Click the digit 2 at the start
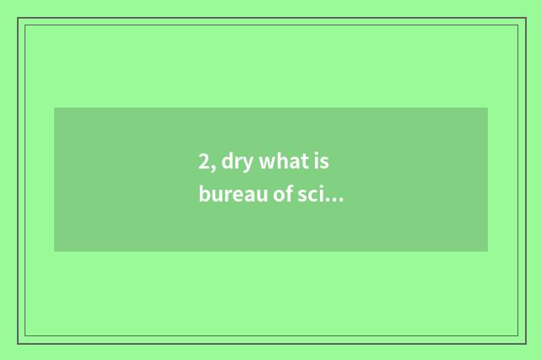pyautogui.click(x=204, y=162)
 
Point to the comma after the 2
pyautogui.click(x=213, y=168)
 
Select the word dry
pyautogui.click(x=237, y=163)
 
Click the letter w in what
pyautogui.click(x=267, y=163)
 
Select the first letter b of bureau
pyautogui.click(x=204, y=195)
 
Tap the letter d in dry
pyautogui.click(x=228, y=162)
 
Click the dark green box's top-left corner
pyautogui.click(x=54, y=108)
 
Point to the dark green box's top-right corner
pyautogui.click(x=488, y=108)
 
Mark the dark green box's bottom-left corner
pyautogui.click(x=54, y=252)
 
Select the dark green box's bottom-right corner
pyautogui.click(x=488, y=252)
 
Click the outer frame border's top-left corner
pyautogui.click(x=18, y=18)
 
